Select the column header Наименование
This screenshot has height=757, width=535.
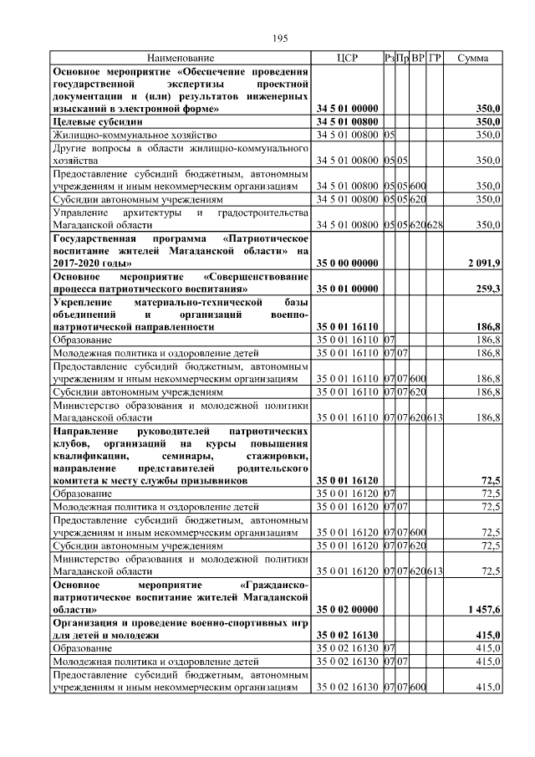pyautogui.click(x=181, y=59)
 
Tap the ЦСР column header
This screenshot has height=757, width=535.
pyautogui.click(x=346, y=59)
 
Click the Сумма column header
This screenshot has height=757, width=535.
pyautogui.click(x=473, y=59)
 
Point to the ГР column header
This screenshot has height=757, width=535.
pyautogui.click(x=435, y=59)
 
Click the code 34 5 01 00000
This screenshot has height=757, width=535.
pyautogui.click(x=348, y=109)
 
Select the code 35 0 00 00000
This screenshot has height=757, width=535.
pyautogui.click(x=348, y=263)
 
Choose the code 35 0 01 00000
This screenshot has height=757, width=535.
pyautogui.click(x=348, y=289)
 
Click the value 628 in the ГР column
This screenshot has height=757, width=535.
pyautogui.click(x=435, y=225)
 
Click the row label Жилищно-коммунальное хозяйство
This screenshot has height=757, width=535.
pyautogui.click(x=134, y=135)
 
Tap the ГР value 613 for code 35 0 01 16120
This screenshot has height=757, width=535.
pyautogui.click(x=435, y=571)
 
